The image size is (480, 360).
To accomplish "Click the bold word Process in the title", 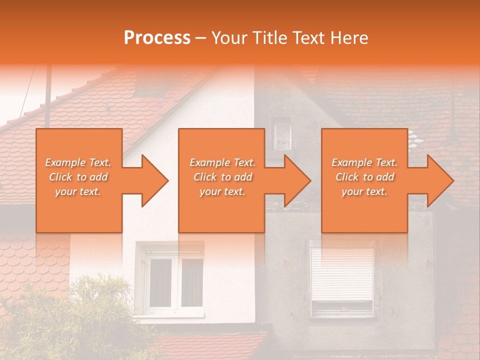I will (157, 38).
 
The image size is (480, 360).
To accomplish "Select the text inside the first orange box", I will (78, 177).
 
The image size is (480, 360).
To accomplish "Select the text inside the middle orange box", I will (222, 177).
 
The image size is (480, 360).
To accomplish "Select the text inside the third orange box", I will (364, 177).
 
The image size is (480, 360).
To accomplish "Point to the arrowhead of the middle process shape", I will (296, 180).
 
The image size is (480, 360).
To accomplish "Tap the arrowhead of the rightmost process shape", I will (439, 180).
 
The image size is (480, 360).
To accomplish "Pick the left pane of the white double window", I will (160, 283).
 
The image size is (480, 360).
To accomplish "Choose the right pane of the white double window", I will (191, 283).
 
